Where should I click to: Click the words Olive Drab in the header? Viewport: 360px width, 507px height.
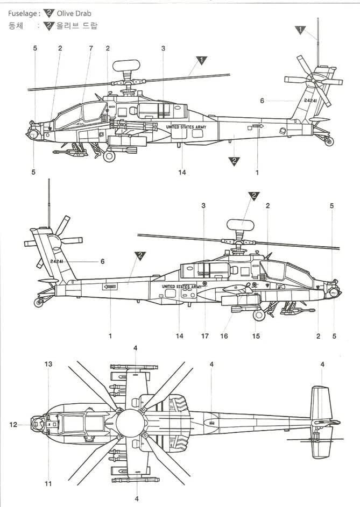pos(75,13)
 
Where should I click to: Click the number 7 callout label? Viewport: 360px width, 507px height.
pos(90,48)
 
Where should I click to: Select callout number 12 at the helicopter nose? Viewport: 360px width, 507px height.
pos(13,425)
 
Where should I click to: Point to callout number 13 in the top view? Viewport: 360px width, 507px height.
pos(48,365)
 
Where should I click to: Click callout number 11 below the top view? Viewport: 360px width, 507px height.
pos(48,484)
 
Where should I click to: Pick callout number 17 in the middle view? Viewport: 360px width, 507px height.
pos(205,336)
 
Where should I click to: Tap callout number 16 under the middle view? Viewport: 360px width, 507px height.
pos(224,336)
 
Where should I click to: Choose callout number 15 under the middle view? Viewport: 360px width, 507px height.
pos(256,336)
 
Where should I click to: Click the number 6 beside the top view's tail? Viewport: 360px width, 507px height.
pos(262,101)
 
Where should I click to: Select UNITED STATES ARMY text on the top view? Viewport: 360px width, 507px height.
pos(186,127)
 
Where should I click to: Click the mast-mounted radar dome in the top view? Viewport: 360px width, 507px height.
pos(126,65)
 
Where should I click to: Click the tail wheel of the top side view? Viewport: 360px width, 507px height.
pos(329,142)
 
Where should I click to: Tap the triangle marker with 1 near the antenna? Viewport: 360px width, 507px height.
pos(300,30)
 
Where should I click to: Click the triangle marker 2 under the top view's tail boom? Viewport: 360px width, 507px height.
pos(234,161)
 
